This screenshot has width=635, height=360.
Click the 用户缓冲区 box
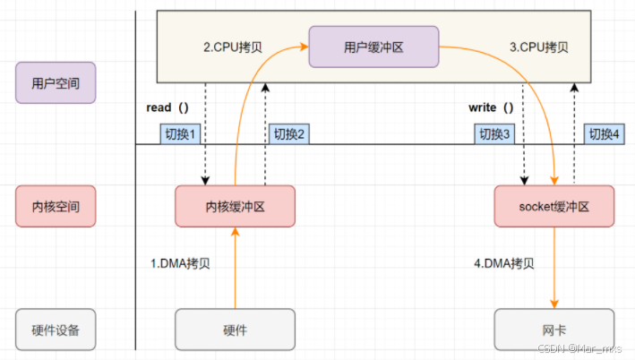coord(373,47)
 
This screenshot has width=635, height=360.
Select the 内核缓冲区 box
coord(235,206)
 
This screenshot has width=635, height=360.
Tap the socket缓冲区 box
coord(554,206)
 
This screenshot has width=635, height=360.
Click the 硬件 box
coord(235,330)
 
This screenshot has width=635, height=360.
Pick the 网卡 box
coord(554,330)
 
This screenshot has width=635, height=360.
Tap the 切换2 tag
coord(290,133)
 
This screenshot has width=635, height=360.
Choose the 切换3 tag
coord(496,133)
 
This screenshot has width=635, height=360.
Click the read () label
coord(167,107)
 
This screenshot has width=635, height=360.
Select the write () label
coord(491,107)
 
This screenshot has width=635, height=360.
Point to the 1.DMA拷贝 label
coord(179,264)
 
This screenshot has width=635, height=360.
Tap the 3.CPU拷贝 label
coord(540,46)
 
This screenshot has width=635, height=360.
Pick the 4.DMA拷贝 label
coord(504,264)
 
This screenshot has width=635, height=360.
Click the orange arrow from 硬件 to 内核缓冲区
coord(235,269)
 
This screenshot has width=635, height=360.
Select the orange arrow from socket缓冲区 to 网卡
coord(554,269)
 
